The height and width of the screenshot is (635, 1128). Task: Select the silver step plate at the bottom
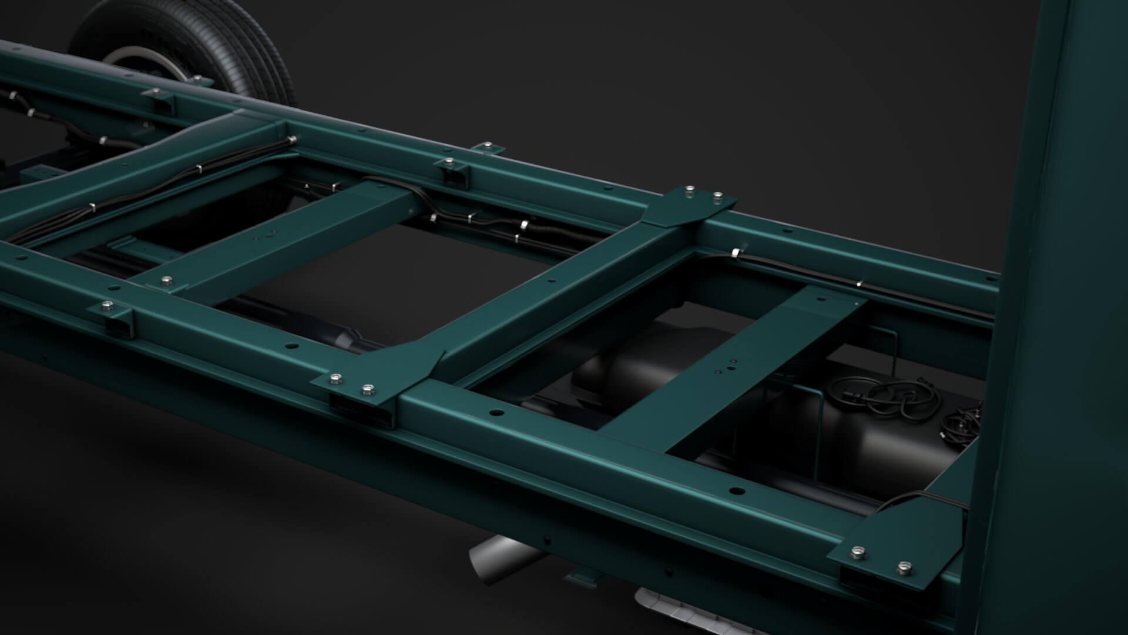(676, 611)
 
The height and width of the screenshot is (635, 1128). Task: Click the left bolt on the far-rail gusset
(689, 189)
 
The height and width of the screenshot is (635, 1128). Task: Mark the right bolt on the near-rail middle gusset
(368, 389)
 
